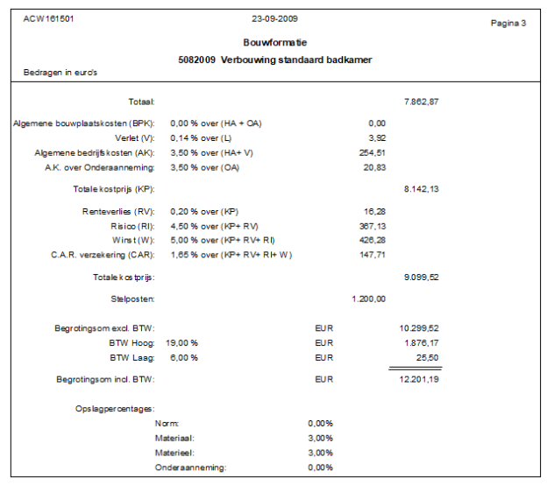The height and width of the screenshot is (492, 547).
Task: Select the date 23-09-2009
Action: click(x=274, y=18)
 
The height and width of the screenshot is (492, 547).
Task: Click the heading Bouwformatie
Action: click(x=274, y=42)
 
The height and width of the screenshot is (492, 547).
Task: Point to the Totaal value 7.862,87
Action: click(x=421, y=102)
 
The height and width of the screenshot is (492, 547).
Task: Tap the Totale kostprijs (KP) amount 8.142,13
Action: click(x=421, y=188)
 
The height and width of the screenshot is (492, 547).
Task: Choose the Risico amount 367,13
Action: click(x=372, y=225)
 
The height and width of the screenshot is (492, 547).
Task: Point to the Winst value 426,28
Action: click(x=372, y=239)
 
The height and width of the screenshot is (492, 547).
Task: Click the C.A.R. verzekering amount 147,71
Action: click(x=372, y=254)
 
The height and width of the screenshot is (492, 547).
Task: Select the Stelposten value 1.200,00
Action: click(x=368, y=299)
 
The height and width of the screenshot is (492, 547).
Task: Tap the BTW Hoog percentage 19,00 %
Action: click(x=184, y=343)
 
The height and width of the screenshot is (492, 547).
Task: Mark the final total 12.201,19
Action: click(x=419, y=379)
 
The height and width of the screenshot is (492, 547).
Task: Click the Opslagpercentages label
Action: click(x=115, y=408)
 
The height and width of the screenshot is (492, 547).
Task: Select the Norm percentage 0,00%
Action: click(x=321, y=423)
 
